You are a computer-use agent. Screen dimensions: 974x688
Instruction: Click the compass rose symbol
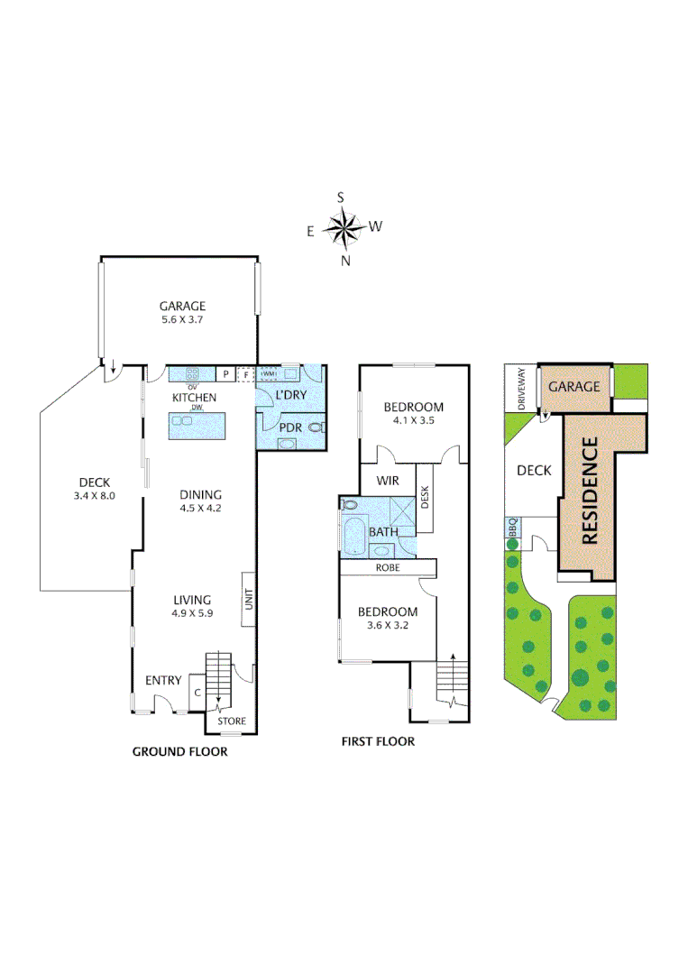point(344,227)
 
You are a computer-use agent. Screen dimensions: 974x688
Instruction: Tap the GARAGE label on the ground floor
point(183,306)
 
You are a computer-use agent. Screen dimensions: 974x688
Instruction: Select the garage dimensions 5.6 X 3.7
point(183,319)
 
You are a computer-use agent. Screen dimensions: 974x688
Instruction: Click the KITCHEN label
point(194,397)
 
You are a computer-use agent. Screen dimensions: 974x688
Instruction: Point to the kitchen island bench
point(195,424)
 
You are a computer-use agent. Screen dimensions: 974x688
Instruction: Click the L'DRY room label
point(289,395)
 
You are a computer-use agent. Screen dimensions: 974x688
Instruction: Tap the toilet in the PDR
point(316,427)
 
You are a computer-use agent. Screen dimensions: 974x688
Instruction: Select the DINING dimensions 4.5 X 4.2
point(200,508)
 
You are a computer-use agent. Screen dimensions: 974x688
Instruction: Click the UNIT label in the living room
point(247,600)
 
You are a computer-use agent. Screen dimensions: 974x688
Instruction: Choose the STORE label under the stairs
point(233,721)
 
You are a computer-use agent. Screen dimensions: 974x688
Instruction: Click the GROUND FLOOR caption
point(179,751)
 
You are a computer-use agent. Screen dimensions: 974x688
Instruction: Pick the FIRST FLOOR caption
point(378,741)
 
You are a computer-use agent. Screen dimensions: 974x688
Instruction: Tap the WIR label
point(388,480)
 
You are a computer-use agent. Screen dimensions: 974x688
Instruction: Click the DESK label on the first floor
point(424,495)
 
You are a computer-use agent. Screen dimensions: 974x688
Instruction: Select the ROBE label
point(388,568)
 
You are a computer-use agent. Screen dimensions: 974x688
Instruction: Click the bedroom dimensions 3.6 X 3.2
point(388,625)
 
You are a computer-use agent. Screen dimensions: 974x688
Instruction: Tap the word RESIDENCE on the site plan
point(591,490)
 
